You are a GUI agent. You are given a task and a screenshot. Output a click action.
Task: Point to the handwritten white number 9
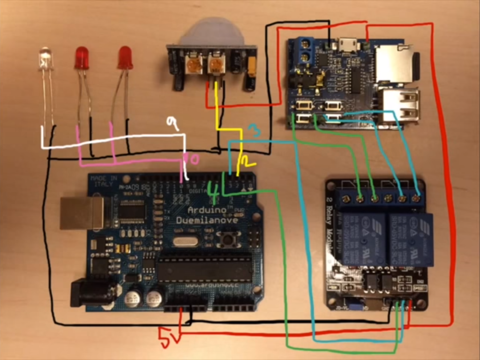(x=173, y=124)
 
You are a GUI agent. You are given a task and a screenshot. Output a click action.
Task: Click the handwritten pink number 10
(x=193, y=159)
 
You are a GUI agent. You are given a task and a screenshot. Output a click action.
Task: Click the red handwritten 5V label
(x=167, y=338)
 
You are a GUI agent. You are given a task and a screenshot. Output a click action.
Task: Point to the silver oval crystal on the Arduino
(x=182, y=241)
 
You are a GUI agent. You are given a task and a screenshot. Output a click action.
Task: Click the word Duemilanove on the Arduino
(x=207, y=220)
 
